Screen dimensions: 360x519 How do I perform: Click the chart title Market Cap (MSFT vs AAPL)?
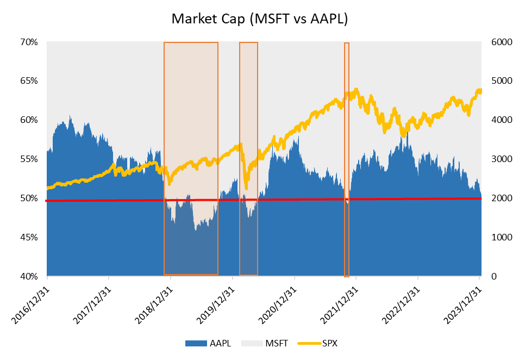pyautogui.click(x=259, y=19)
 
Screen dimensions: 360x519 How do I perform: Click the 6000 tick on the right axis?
pyautogui.click(x=496, y=42)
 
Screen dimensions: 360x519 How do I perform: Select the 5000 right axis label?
pyautogui.click(x=496, y=81)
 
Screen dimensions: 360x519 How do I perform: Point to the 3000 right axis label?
pyautogui.click(x=496, y=159)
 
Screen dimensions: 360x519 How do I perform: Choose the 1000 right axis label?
pyautogui.click(x=496, y=237)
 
